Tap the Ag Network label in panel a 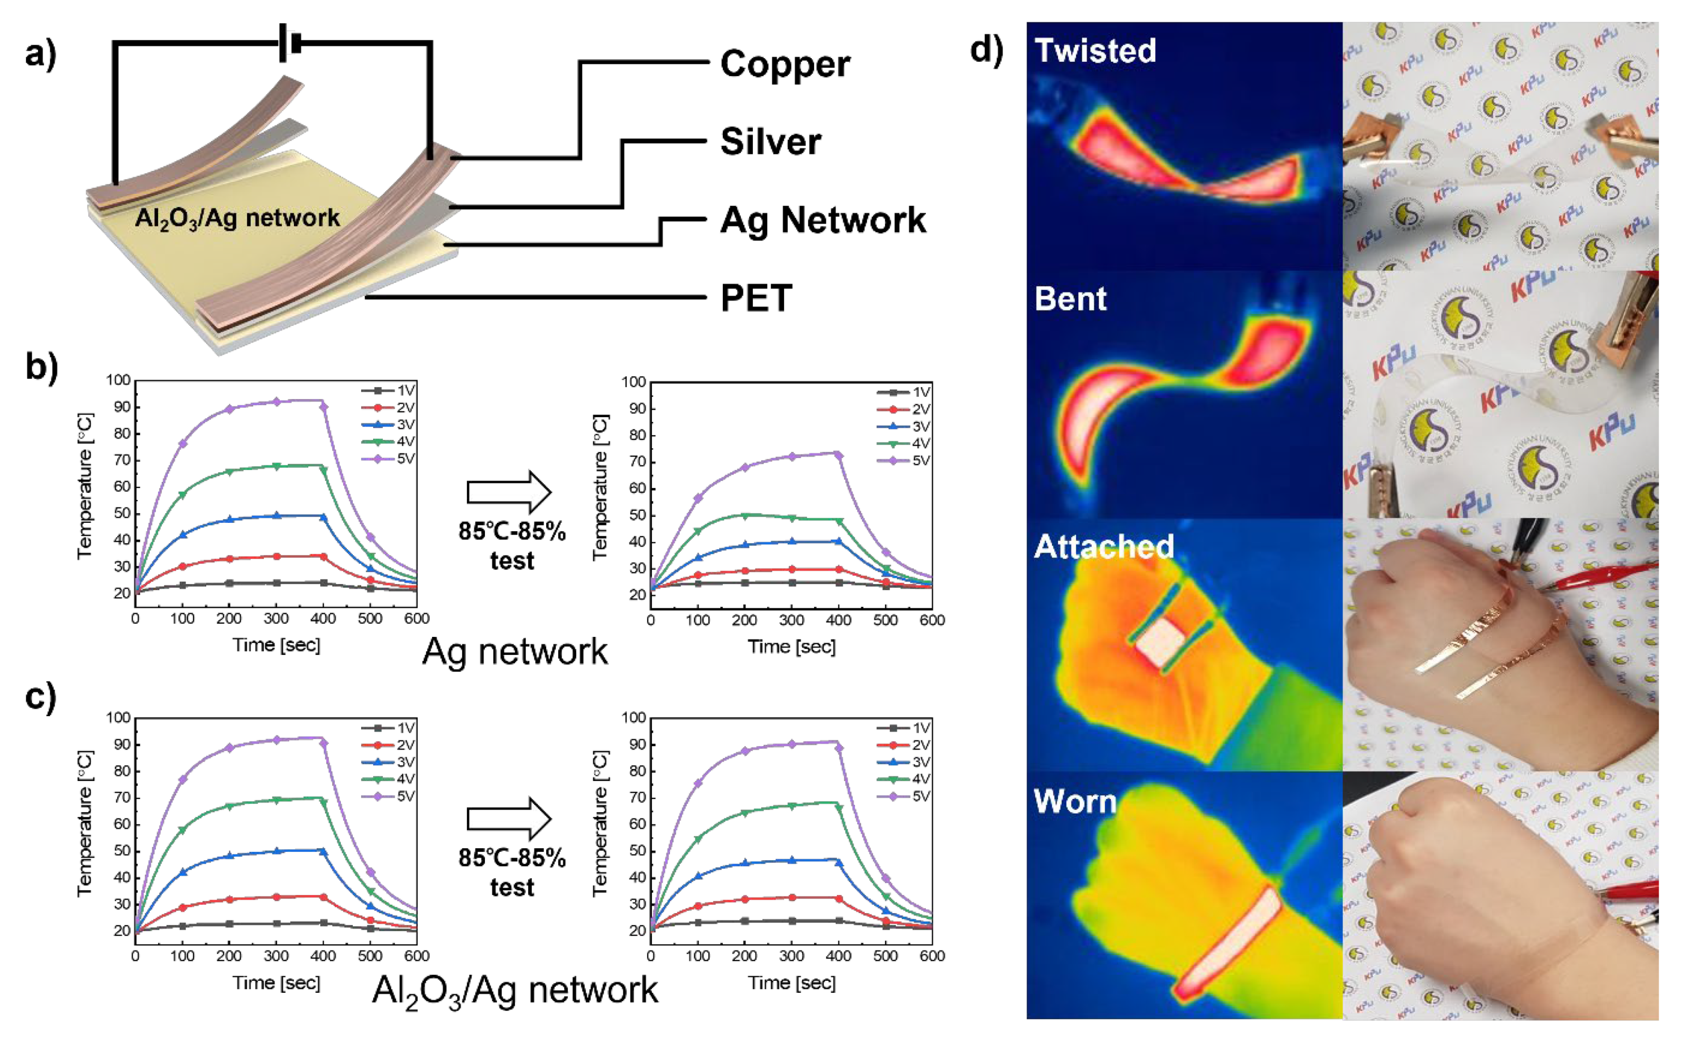pos(822,220)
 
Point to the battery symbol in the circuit pos(289,42)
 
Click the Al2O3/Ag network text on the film pos(237,218)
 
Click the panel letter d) pos(986,50)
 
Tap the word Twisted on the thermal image pos(1094,50)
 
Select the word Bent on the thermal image pos(1070,299)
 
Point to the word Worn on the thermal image pos(1075,802)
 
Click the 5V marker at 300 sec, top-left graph pos(276,402)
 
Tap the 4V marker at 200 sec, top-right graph pos(745,516)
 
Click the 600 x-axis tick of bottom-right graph pos(932,956)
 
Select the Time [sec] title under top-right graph pos(791,647)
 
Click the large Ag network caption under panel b pos(515,652)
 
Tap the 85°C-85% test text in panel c pos(511,872)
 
